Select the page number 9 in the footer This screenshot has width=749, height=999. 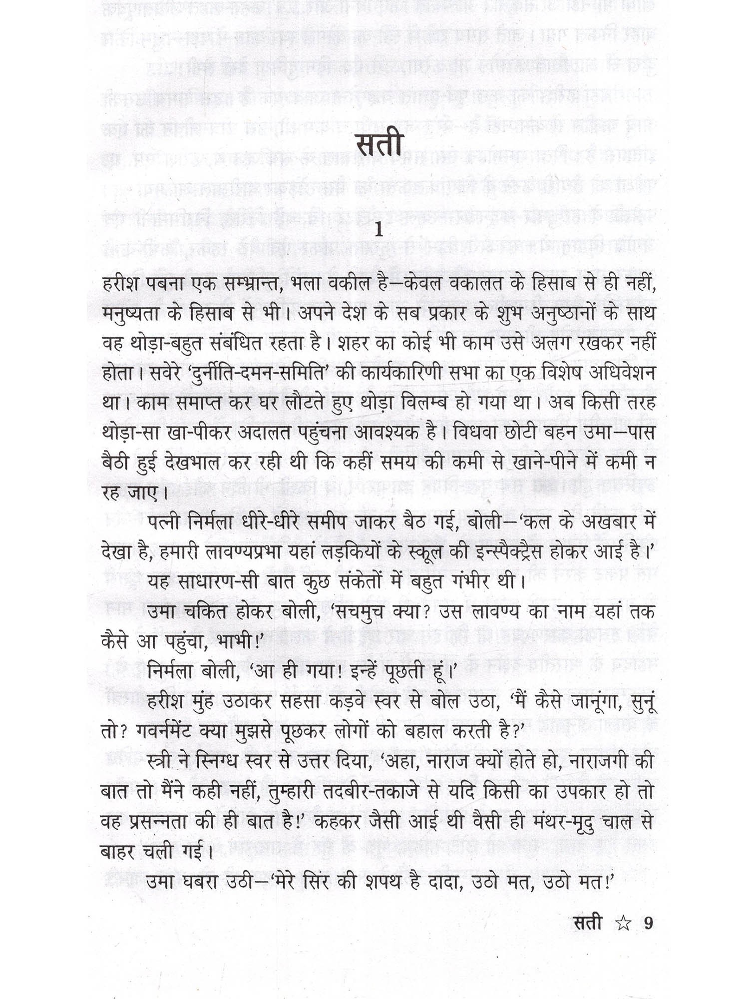pos(648,924)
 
